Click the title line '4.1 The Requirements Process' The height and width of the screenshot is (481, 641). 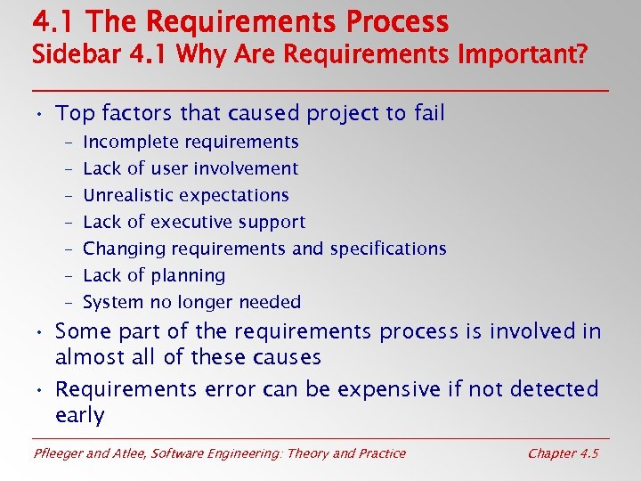click(x=240, y=20)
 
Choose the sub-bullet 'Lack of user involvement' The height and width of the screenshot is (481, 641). click(x=191, y=168)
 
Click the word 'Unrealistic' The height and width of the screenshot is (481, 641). click(x=126, y=195)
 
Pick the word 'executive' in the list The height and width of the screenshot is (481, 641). click(x=189, y=222)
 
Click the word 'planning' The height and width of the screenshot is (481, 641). click(x=187, y=276)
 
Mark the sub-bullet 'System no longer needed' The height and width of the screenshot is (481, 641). click(x=191, y=302)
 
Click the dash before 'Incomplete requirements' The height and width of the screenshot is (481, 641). click(x=69, y=143)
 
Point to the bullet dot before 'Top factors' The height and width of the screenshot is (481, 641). click(x=41, y=115)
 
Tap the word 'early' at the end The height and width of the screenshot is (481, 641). click(x=79, y=416)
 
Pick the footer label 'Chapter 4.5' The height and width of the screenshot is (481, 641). click(x=563, y=453)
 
